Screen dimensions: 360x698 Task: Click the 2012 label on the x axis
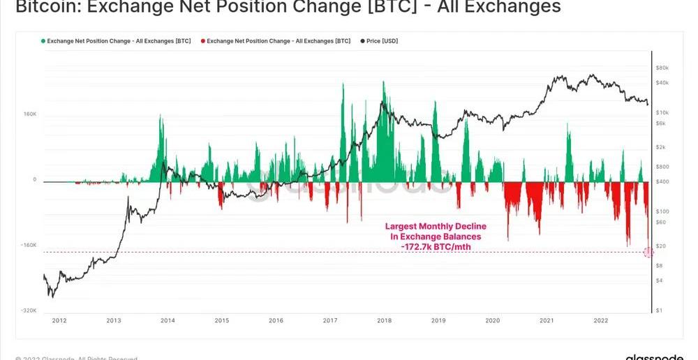[59, 321]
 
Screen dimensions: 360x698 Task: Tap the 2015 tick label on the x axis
[222, 321]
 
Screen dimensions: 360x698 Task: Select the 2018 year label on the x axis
[384, 321]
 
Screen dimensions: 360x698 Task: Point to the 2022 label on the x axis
[600, 321]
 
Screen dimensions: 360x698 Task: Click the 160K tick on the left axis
[29, 114]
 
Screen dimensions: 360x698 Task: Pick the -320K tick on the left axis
[28, 311]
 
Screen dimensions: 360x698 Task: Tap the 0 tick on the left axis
[34, 180]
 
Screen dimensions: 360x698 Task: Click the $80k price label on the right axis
[662, 68]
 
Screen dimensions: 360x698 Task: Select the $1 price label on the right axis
[659, 310]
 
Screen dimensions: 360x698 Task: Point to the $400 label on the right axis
[662, 181]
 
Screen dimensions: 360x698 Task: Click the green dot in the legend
[43, 41]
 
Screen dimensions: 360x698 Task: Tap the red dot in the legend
[203, 41]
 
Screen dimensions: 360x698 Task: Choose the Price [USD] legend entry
[381, 41]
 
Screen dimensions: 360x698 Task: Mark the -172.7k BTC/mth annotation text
[436, 247]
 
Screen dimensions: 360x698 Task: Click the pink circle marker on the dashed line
[648, 252]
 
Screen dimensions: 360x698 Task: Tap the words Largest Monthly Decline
[436, 227]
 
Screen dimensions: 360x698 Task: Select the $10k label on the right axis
[662, 112]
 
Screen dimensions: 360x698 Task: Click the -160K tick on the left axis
[28, 246]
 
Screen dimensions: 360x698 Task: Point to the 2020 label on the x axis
[492, 321]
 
